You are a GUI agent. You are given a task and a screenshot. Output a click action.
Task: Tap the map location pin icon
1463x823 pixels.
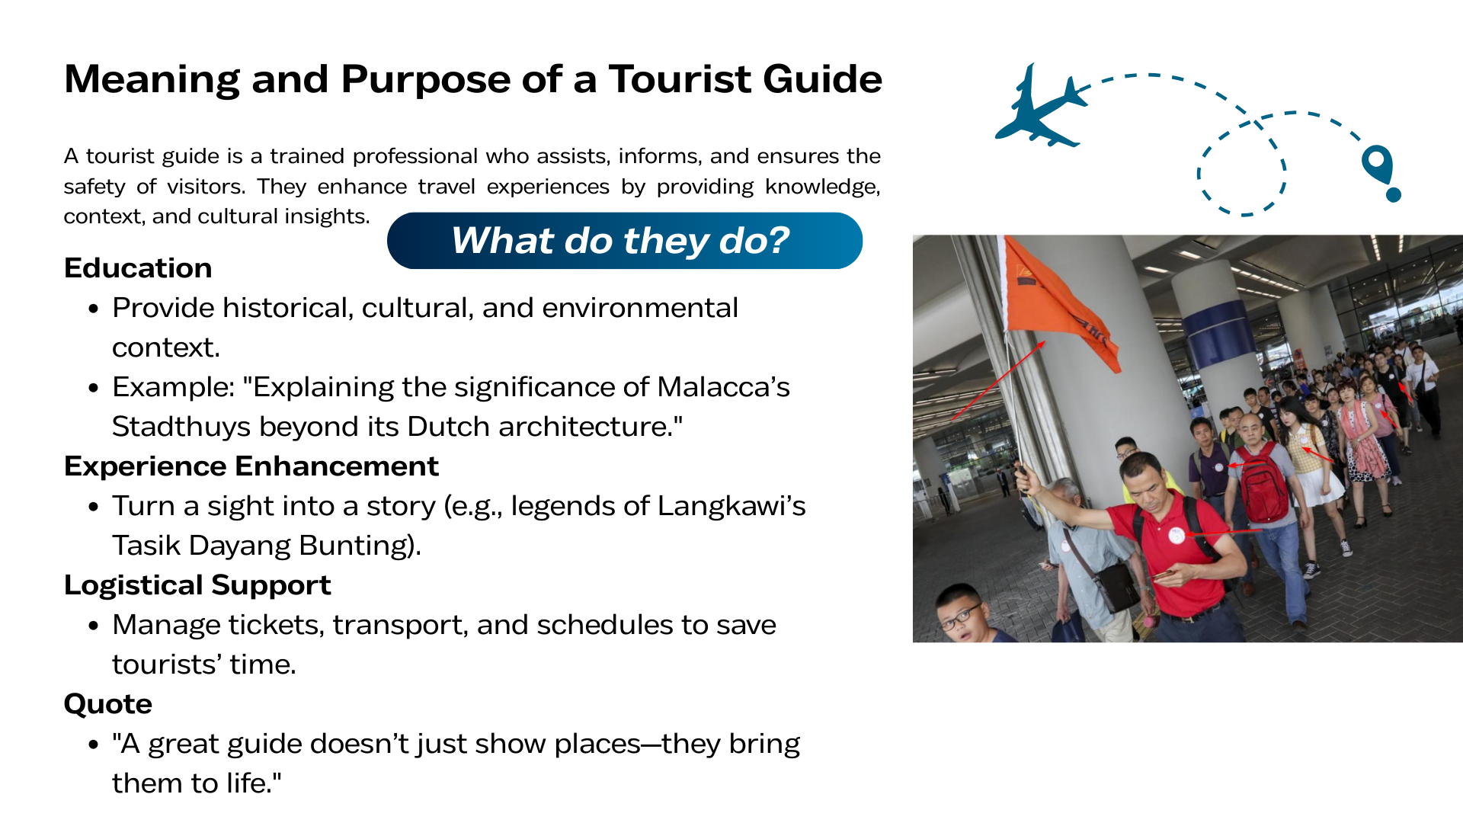(1381, 172)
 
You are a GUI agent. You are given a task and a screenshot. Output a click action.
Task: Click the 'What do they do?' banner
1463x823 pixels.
(625, 241)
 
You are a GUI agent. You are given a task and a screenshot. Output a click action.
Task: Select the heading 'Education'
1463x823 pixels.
(138, 268)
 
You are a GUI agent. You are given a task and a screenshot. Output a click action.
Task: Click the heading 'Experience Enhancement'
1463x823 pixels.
(251, 466)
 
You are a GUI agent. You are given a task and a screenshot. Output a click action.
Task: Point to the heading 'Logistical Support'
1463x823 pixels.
(197, 585)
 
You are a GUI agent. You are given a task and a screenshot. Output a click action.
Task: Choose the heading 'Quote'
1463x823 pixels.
(108, 704)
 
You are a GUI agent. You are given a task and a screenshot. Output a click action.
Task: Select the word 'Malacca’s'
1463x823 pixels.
(723, 387)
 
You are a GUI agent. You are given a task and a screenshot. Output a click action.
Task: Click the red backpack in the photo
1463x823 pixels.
(1263, 483)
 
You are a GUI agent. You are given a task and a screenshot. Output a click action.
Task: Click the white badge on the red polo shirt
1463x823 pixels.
(1177, 535)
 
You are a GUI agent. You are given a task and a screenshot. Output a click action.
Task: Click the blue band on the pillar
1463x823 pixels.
(1218, 333)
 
